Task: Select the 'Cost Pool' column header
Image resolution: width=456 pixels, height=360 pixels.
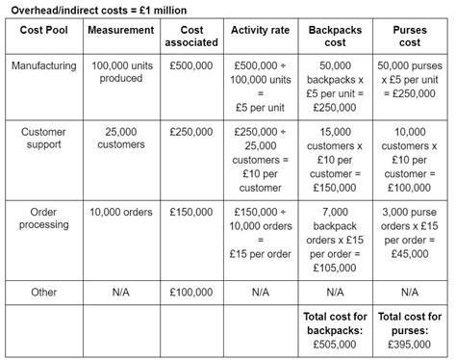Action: click(43, 30)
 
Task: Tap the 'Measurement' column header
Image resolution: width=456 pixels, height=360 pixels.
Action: click(120, 30)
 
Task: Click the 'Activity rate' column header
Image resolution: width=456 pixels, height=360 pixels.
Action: click(260, 30)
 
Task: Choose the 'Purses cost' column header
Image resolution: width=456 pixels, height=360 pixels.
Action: click(409, 37)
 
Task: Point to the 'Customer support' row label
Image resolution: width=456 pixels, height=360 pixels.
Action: click(43, 138)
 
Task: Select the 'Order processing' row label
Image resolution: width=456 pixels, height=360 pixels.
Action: click(43, 218)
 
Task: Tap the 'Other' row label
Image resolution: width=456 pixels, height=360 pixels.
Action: click(43, 291)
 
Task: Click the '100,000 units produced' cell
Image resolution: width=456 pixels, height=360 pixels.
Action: click(120, 72)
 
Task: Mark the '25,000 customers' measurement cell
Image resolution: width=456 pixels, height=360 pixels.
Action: click(120, 138)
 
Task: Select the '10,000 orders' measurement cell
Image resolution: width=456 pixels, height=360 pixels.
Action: click(120, 212)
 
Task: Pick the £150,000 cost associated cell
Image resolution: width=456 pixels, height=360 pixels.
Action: click(191, 212)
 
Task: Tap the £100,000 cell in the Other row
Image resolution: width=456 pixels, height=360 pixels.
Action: click(191, 291)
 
